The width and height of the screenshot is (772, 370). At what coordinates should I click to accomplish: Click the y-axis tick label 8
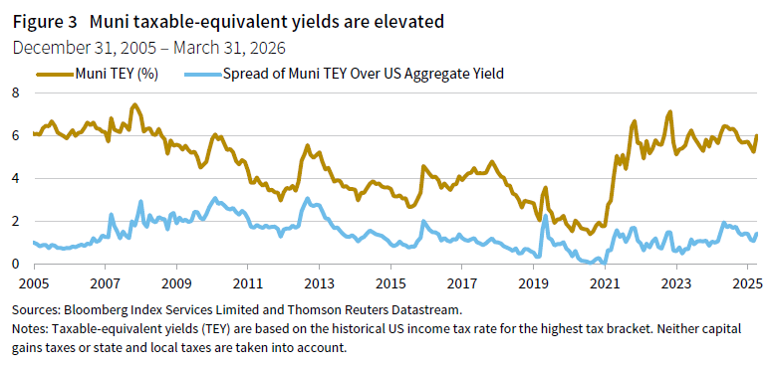[x=15, y=92]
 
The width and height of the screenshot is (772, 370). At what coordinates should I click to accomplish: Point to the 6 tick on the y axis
[x=15, y=135]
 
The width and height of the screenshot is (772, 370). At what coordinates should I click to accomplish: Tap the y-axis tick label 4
[x=15, y=178]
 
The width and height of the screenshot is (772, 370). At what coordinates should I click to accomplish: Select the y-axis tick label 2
[x=15, y=221]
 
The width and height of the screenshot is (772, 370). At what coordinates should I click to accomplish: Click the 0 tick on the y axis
[x=15, y=264]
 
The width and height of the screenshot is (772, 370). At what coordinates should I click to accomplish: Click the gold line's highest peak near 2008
[x=134, y=104]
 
